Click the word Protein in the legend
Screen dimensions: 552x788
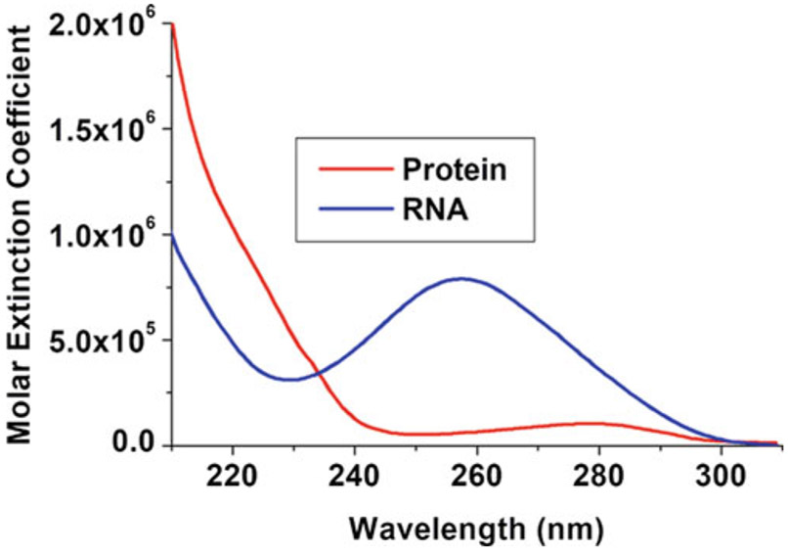pyautogui.click(x=455, y=168)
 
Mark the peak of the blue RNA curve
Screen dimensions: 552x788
pyautogui.click(x=461, y=278)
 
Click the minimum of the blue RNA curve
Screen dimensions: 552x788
pyautogui.click(x=291, y=379)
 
